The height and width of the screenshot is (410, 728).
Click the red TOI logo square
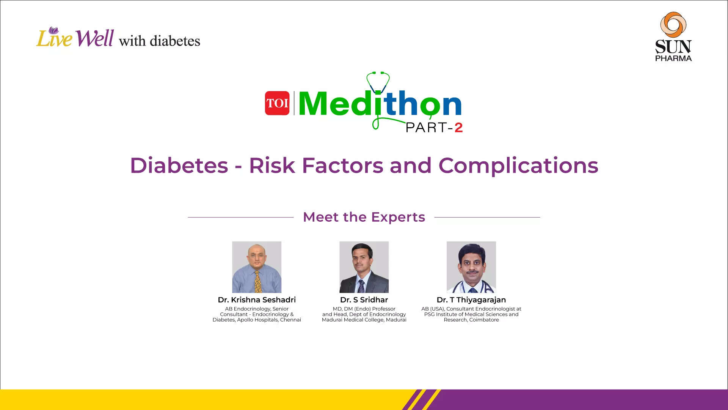(277, 103)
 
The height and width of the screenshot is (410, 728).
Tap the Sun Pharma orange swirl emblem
(673, 24)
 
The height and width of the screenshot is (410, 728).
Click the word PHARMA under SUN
(673, 58)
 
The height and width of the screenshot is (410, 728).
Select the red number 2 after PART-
(458, 128)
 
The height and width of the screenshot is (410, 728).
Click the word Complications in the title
(518, 166)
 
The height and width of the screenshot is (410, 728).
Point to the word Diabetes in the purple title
(179, 166)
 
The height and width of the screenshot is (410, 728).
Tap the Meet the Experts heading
(364, 217)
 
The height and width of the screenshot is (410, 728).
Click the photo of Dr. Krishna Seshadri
(257, 266)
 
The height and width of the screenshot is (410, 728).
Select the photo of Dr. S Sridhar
(364, 266)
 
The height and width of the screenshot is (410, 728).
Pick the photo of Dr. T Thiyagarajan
(471, 266)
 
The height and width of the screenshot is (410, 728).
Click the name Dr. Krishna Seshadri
(257, 300)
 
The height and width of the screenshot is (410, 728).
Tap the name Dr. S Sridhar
(364, 300)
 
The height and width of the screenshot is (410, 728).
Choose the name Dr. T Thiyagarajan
(471, 300)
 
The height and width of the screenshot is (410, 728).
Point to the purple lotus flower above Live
(53, 30)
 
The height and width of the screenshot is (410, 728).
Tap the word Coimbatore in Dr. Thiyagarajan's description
(484, 320)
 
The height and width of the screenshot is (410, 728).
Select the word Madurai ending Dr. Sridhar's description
(396, 320)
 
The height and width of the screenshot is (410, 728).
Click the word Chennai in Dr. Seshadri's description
(290, 320)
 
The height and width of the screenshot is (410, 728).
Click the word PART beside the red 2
(426, 128)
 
